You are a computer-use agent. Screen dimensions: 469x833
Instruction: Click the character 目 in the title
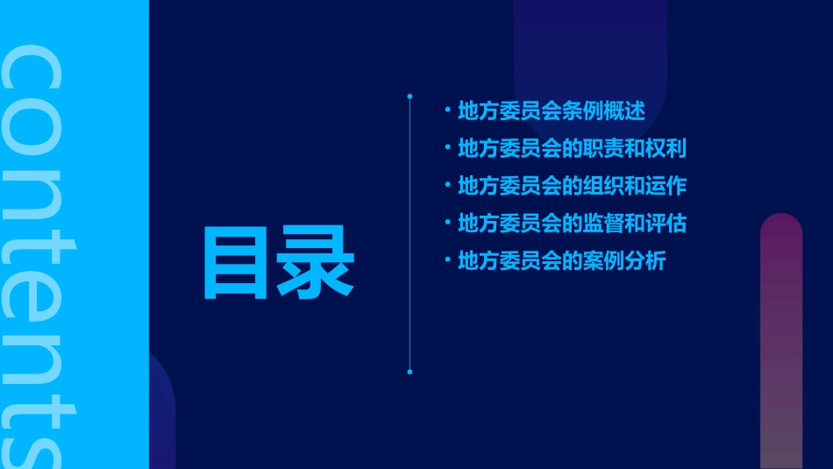[x=235, y=262]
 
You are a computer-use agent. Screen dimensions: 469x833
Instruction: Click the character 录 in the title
[x=316, y=262]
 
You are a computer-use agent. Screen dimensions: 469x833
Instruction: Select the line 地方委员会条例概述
[x=552, y=111]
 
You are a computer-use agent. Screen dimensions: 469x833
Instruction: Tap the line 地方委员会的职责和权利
[x=572, y=149]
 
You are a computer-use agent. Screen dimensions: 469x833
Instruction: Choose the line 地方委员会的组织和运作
[x=572, y=187]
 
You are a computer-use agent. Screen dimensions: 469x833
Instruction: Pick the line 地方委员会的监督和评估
[x=572, y=224]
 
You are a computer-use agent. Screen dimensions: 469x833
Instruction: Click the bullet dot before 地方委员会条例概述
[x=447, y=110]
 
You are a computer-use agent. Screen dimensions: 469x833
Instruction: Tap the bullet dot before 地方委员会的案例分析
[x=447, y=260]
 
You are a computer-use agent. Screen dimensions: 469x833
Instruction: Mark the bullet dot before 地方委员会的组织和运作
[x=447, y=186]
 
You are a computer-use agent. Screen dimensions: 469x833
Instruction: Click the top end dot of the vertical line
[x=409, y=96]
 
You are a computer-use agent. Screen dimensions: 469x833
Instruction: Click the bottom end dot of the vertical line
[x=409, y=372]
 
